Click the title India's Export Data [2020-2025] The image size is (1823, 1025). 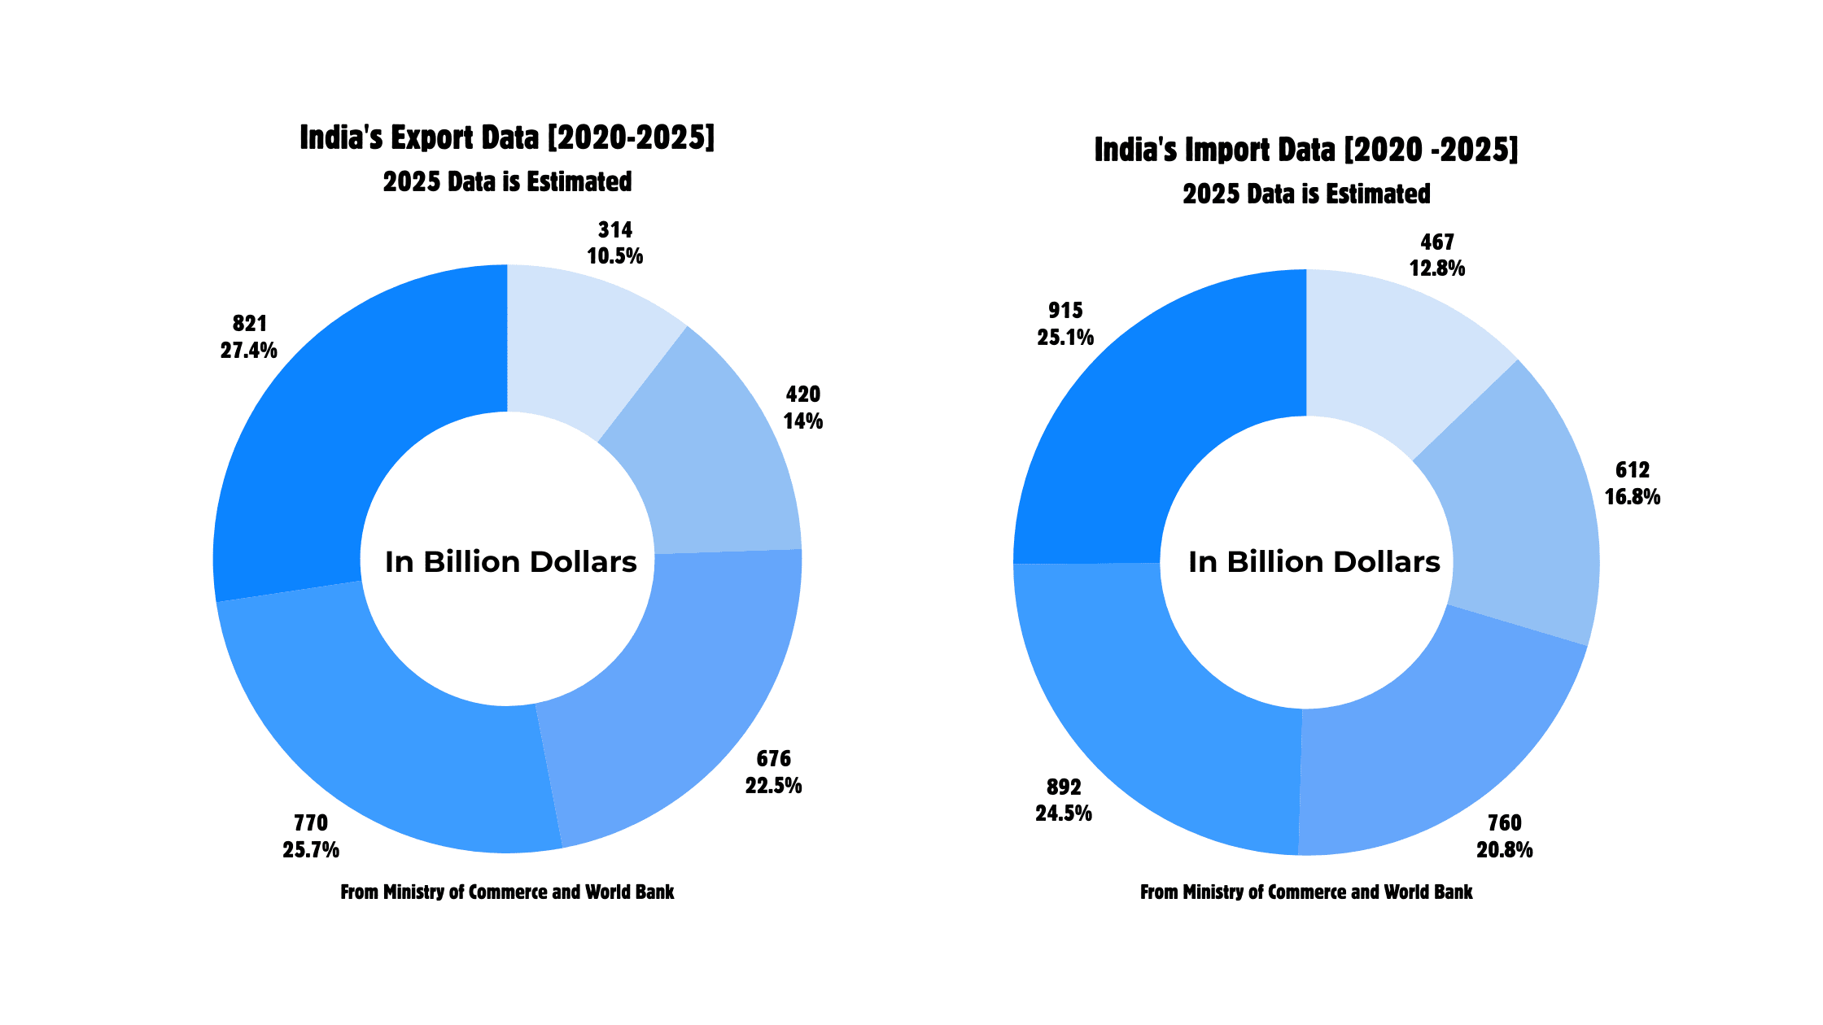507,138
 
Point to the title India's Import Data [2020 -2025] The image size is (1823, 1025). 1306,150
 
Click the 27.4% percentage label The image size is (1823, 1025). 248,351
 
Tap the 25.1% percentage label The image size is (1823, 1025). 1065,337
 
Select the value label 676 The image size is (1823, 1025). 773,759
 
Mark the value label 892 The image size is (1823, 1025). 1064,787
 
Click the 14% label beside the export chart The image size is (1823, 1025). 803,421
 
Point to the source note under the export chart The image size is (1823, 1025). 507,892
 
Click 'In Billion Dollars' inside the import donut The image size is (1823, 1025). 1314,562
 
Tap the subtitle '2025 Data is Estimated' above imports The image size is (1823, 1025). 1306,194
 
